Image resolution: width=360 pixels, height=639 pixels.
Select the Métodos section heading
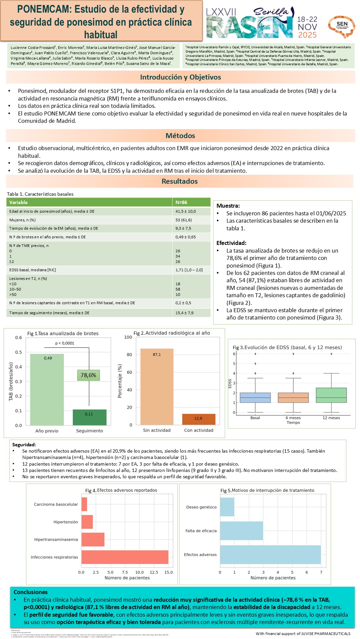tap(180, 136)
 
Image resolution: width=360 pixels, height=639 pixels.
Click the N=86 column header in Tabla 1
tap(181, 202)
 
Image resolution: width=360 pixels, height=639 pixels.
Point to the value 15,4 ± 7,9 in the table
tap(184, 313)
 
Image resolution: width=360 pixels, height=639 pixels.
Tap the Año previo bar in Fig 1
tap(47, 389)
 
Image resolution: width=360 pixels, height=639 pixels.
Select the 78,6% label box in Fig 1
tap(88, 375)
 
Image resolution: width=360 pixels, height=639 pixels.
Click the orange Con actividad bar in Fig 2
tap(199, 419)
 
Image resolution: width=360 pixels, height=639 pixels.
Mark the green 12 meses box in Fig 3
tap(331, 395)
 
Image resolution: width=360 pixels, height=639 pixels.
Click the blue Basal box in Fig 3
tap(255, 397)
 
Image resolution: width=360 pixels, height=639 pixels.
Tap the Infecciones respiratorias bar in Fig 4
tap(125, 557)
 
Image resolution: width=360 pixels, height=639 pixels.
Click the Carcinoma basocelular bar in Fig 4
tap(84, 504)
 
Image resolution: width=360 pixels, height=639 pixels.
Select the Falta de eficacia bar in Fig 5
tap(241, 531)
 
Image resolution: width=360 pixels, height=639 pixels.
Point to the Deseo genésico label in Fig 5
tap(201, 507)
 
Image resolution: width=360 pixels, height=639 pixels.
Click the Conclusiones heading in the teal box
tap(31, 592)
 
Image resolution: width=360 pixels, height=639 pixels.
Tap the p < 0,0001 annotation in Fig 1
tap(65, 343)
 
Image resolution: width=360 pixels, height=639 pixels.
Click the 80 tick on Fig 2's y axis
tap(129, 355)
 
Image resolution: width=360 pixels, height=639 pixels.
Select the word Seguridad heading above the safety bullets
tap(24, 445)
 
